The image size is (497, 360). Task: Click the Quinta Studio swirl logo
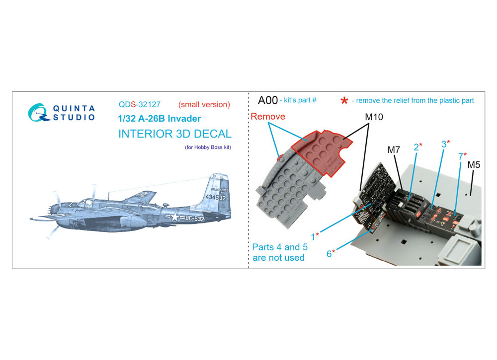pos(39,113)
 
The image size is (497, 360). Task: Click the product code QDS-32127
pos(140,104)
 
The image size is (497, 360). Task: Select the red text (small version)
pos(204,104)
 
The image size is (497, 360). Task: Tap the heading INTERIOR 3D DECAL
pos(175,134)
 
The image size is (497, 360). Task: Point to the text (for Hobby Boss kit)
pos(208,147)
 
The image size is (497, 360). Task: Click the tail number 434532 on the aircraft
pos(216,197)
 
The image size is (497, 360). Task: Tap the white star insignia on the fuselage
pos(174,217)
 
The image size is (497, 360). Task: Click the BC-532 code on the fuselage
pos(194,218)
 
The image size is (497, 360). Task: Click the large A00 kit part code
pos(268,100)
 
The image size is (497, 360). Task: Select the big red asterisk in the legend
pos(344,101)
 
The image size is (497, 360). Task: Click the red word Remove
pos(268,117)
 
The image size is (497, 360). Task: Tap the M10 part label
pos(374,117)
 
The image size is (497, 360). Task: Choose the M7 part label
pos(394,150)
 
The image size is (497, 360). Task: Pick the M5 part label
pos(474,165)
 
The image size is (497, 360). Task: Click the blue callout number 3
pos(444,144)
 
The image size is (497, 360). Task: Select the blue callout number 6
pos(330,254)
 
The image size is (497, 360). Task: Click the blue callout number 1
pos(313,236)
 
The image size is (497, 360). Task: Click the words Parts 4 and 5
pos(280,247)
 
